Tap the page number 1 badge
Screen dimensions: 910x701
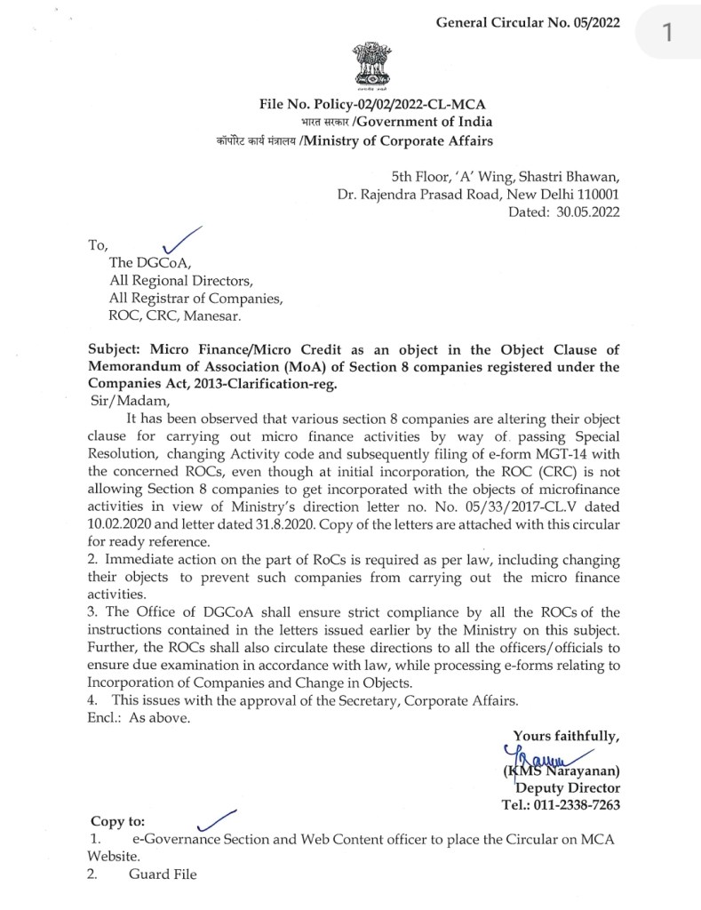point(665,34)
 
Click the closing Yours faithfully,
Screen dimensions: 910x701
point(566,735)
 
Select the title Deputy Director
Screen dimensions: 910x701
point(567,787)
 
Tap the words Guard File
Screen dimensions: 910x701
point(163,874)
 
